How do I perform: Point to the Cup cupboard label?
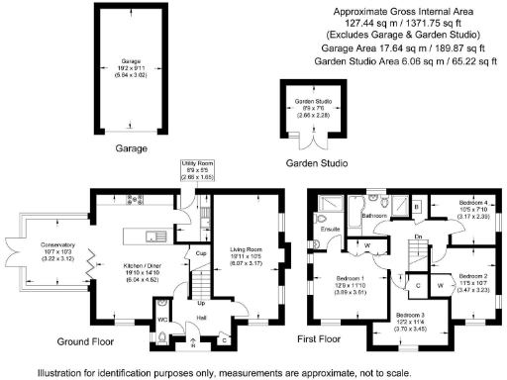200,253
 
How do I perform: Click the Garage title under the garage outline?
131,148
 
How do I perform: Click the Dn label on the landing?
420,236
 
